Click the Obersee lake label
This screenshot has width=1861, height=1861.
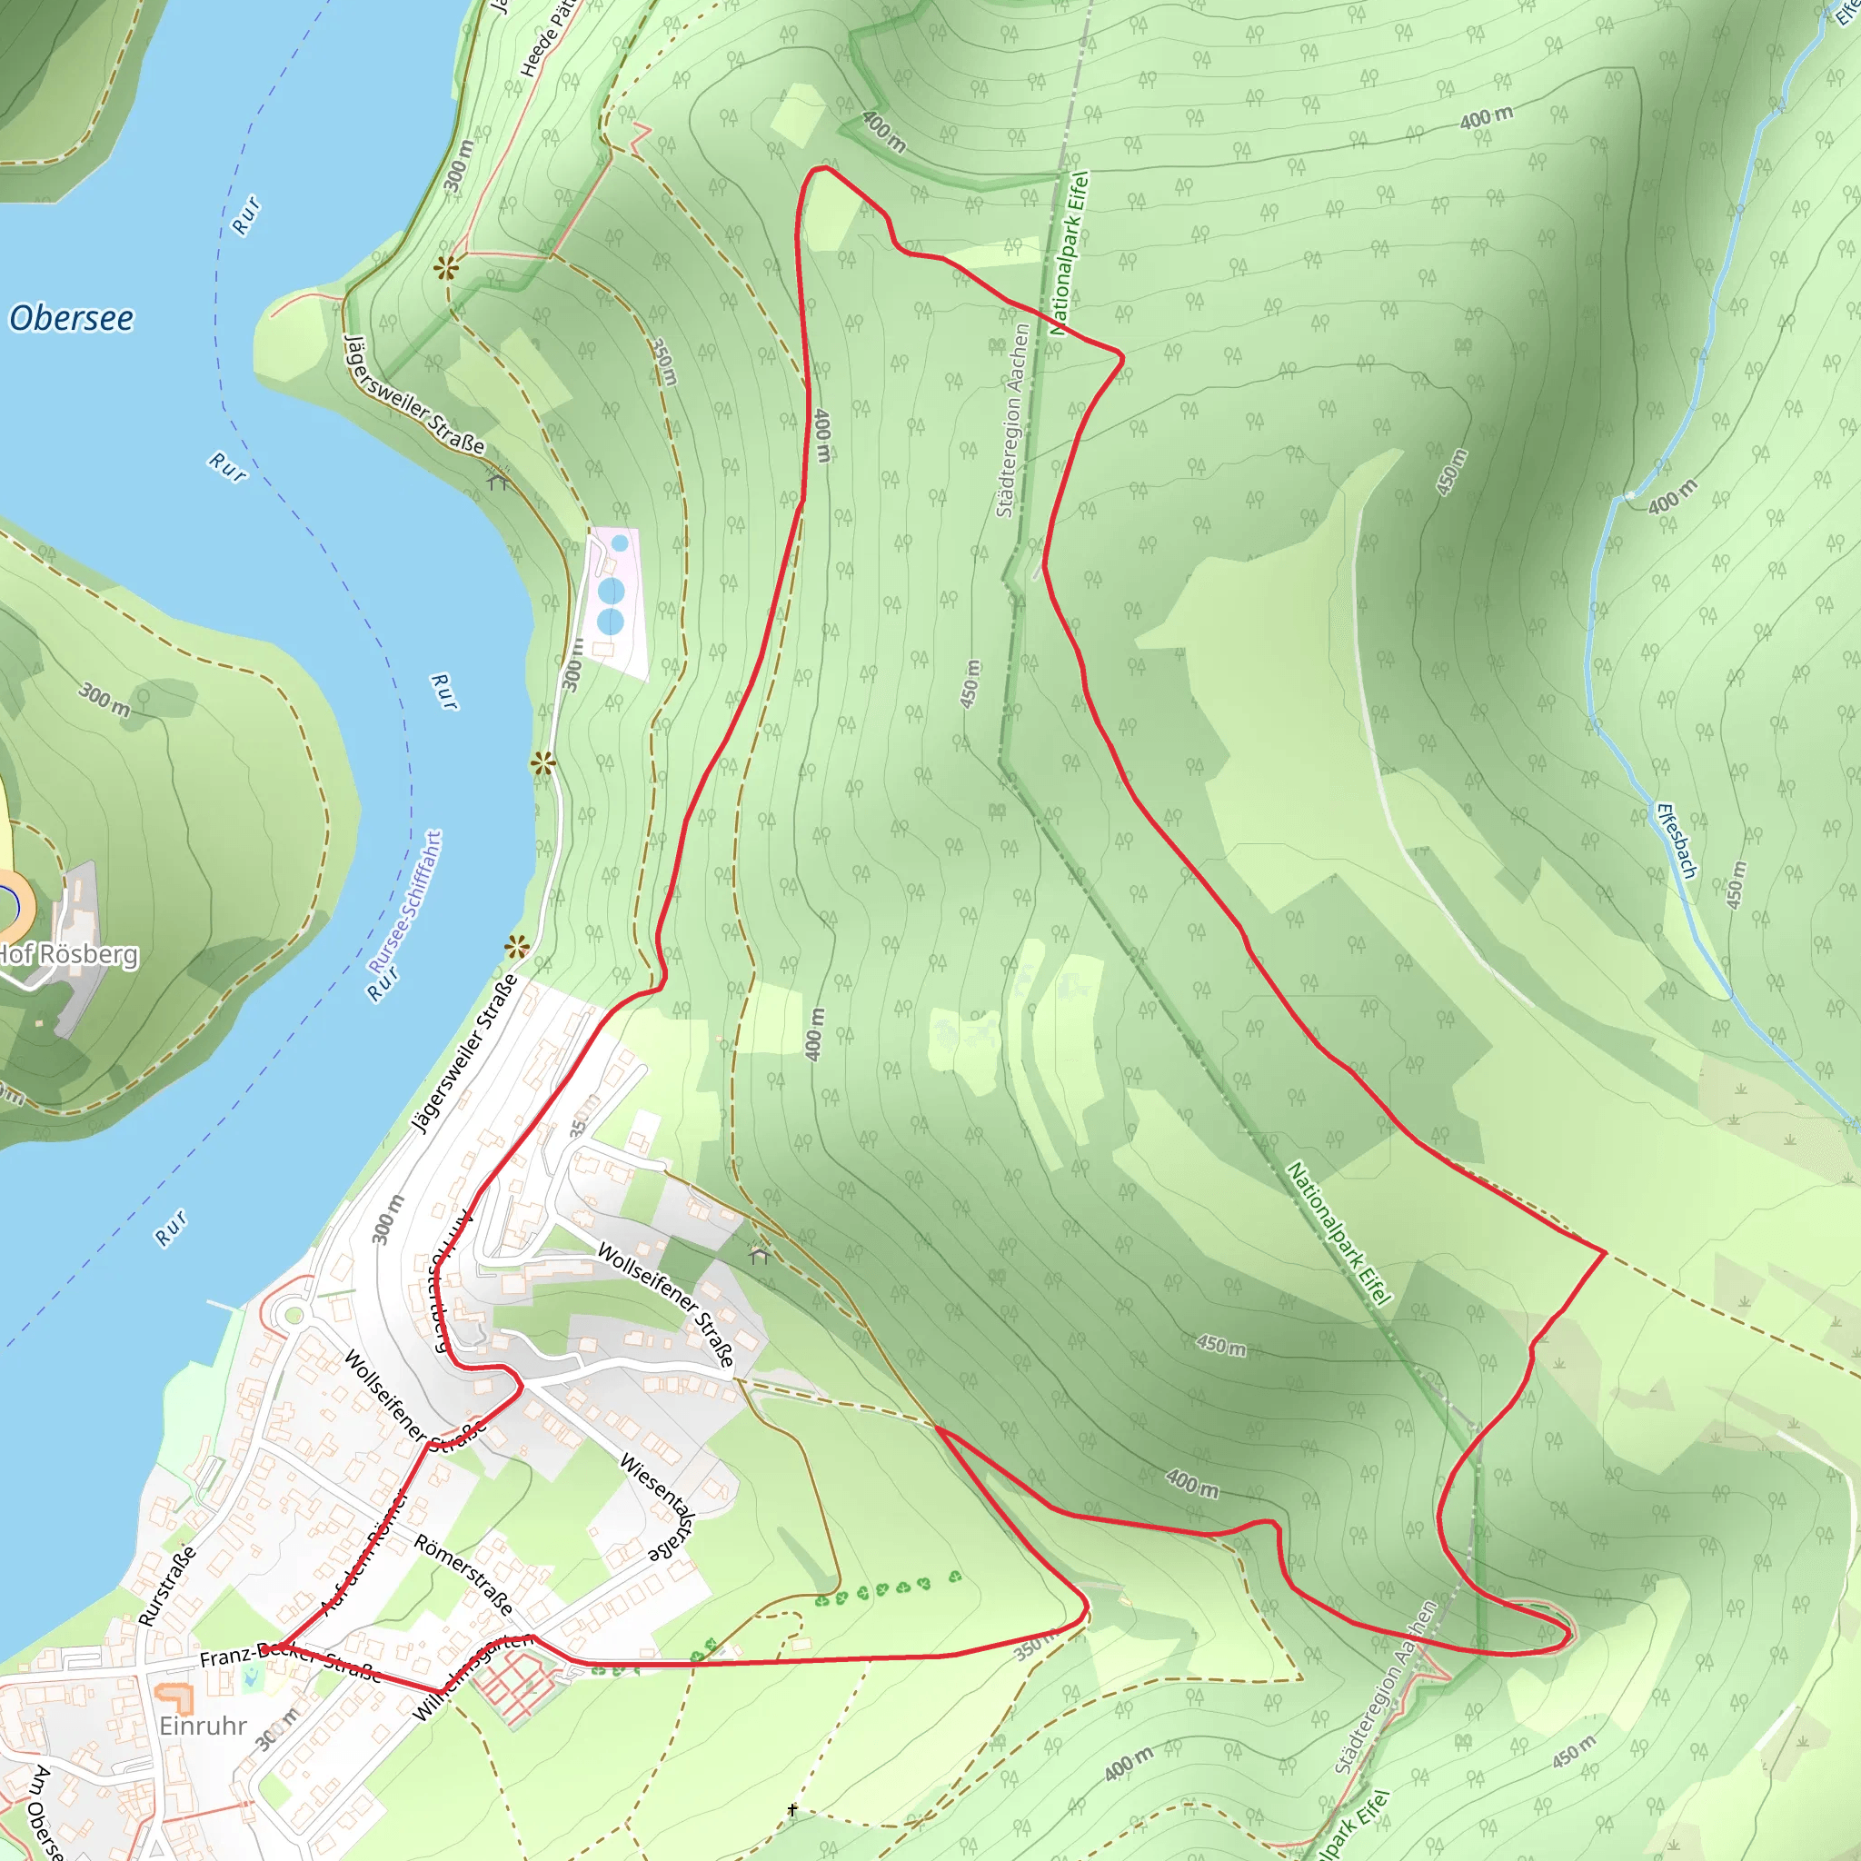pyautogui.click(x=71, y=318)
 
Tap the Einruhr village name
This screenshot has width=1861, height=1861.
pyautogui.click(x=204, y=1726)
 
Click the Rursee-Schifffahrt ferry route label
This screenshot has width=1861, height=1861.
pyautogui.click(x=405, y=901)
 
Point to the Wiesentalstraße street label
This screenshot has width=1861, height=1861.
pyautogui.click(x=658, y=1508)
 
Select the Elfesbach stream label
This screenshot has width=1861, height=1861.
pyautogui.click(x=1676, y=839)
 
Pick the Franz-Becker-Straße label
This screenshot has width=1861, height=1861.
pyautogui.click(x=289, y=1658)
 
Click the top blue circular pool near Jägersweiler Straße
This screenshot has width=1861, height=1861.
pyautogui.click(x=621, y=543)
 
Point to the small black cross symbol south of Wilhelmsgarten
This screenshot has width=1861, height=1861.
pyautogui.click(x=791, y=1810)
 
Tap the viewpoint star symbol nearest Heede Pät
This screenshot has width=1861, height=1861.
pyautogui.click(x=446, y=268)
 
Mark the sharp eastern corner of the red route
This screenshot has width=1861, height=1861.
pyautogui.click(x=1604, y=1251)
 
